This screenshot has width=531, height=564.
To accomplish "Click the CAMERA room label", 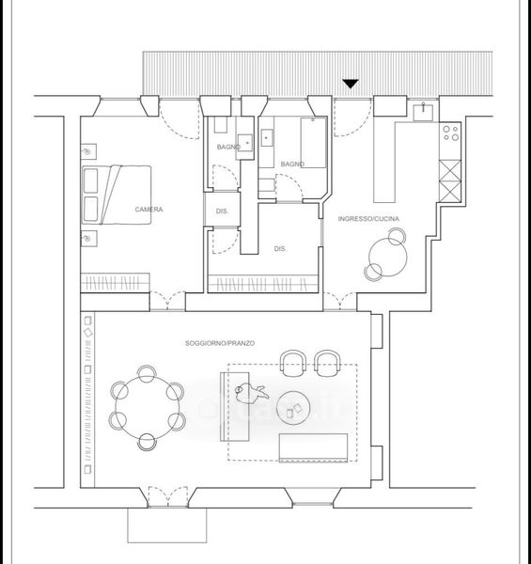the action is click(148, 210).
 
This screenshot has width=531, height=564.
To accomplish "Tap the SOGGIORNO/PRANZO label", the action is click(220, 343).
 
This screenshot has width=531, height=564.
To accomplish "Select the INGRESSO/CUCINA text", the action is click(368, 219).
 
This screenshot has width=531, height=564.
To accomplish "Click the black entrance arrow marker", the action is click(351, 84).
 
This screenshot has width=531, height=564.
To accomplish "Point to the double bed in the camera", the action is click(117, 195).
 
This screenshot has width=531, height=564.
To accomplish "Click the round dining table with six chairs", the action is click(148, 408).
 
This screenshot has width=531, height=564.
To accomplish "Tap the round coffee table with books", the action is click(293, 408).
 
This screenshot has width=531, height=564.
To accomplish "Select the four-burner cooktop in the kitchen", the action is click(450, 133).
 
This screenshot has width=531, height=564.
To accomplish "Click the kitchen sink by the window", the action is click(423, 112).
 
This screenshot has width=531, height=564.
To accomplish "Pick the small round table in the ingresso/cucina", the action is click(388, 258).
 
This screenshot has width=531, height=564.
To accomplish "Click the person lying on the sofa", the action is click(251, 393).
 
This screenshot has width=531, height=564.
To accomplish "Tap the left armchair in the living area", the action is click(293, 363).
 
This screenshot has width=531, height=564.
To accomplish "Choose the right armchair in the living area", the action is click(327, 363).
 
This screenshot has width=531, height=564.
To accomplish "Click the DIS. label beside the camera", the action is click(222, 211).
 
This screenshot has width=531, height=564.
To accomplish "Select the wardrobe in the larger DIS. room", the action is click(263, 284).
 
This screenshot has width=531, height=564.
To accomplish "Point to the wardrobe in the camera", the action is click(115, 283).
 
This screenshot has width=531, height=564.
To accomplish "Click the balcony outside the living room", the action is click(167, 525).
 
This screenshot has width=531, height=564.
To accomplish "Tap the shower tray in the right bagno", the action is click(314, 143).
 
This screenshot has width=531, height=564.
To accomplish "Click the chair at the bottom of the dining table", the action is click(147, 442).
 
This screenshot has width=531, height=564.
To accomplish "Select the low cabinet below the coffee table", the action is click(313, 447).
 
